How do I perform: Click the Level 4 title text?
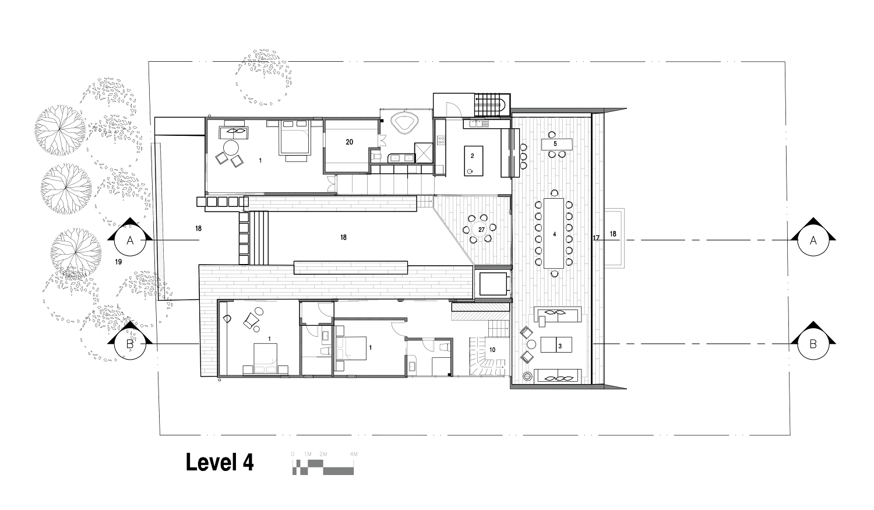click(x=220, y=462)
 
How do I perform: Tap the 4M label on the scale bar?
click(x=354, y=454)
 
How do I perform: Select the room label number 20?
click(x=349, y=142)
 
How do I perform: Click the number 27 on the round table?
click(x=481, y=230)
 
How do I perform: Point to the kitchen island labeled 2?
click(x=473, y=161)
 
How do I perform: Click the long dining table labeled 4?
click(x=554, y=233)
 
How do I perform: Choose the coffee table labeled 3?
click(x=556, y=344)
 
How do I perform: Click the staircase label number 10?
click(x=492, y=350)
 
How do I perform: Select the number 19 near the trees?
click(x=118, y=262)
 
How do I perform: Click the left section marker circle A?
click(x=130, y=240)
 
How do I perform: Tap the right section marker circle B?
click(x=813, y=344)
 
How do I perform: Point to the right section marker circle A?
click(x=813, y=240)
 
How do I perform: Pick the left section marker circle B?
click(x=130, y=344)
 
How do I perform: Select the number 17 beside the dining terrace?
click(x=596, y=238)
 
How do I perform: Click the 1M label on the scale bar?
click(x=308, y=454)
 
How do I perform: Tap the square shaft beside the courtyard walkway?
click(x=493, y=284)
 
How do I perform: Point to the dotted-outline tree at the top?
click(x=264, y=78)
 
